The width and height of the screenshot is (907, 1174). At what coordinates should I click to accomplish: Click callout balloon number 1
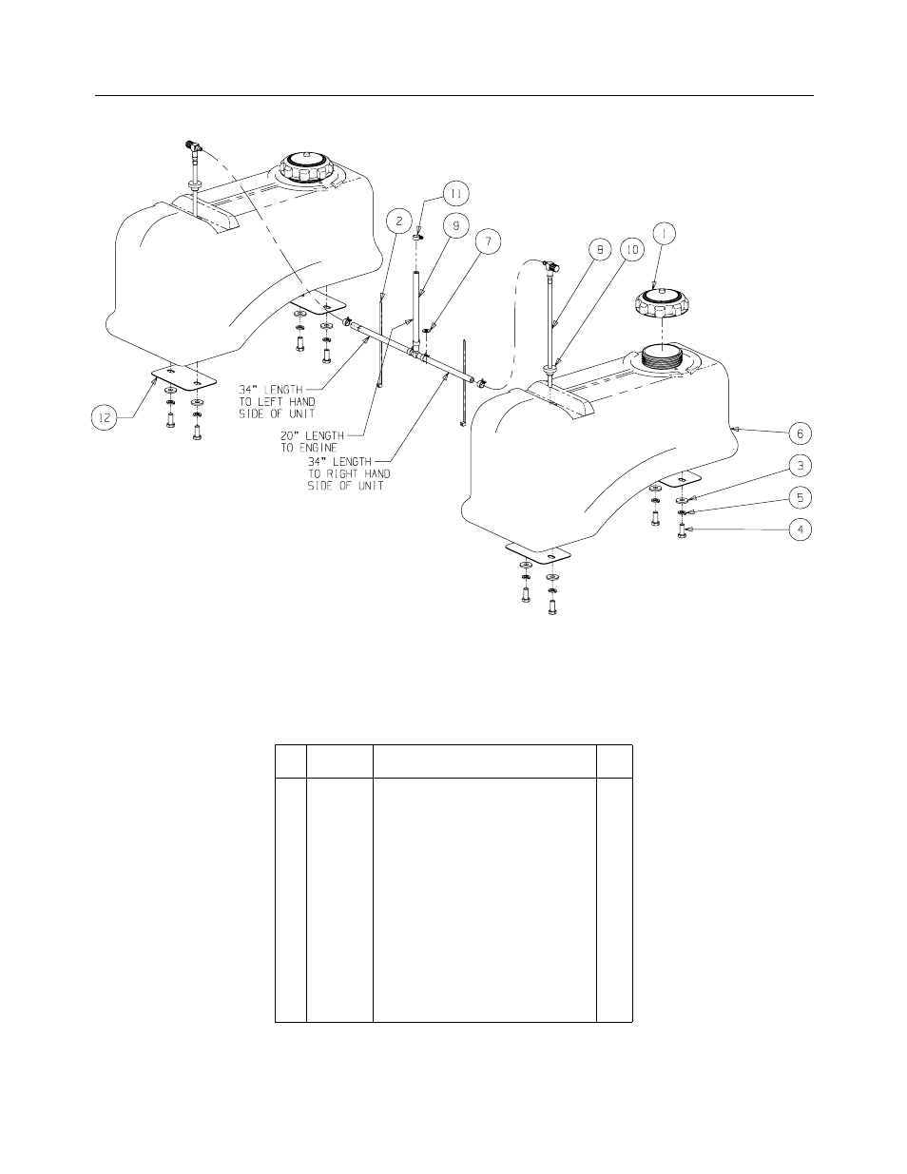coord(664,229)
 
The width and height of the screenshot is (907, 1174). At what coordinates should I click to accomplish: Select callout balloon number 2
coord(398,222)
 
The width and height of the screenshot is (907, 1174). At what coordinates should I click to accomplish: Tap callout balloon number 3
coord(800,466)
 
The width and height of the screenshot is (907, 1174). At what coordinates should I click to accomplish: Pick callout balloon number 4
coord(800,529)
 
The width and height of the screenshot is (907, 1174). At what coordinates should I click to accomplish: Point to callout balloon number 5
coord(800,496)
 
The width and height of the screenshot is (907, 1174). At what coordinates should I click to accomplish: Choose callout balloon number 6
coord(800,433)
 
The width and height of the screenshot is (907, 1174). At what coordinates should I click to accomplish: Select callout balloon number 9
coord(455,225)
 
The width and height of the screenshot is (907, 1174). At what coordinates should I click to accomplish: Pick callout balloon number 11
coord(455,194)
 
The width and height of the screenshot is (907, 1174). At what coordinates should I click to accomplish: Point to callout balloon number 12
coord(106,416)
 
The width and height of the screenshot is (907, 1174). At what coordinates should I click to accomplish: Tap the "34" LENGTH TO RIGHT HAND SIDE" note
coord(348,473)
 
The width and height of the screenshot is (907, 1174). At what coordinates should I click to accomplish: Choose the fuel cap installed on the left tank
coord(309,170)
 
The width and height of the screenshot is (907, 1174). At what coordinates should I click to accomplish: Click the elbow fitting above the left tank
coord(194,146)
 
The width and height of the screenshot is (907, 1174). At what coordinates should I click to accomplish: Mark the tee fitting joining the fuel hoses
coord(415,353)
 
